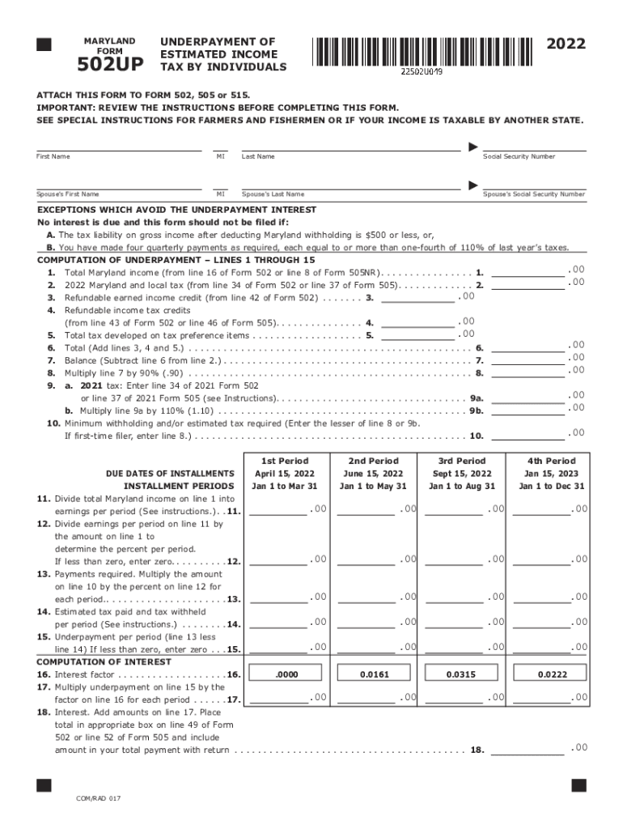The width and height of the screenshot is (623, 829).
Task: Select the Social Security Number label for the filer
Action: (519, 156)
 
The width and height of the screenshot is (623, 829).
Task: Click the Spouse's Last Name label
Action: (273, 194)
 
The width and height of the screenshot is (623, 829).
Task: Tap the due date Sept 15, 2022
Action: (461, 474)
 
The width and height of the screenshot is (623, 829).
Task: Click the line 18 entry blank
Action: (528, 750)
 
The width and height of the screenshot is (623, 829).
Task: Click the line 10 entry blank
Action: (528, 436)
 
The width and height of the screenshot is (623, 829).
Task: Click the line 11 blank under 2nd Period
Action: (366, 511)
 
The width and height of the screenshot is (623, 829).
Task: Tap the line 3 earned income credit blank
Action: (417, 297)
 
